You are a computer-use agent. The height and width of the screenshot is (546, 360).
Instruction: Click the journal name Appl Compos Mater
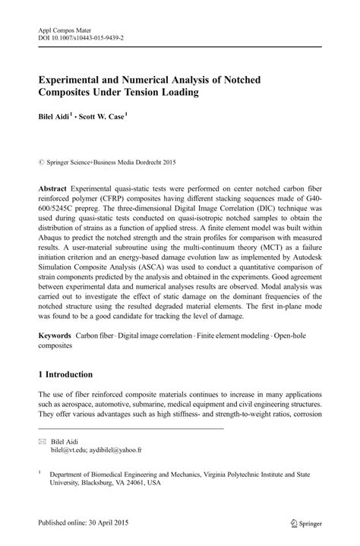[65, 24]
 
